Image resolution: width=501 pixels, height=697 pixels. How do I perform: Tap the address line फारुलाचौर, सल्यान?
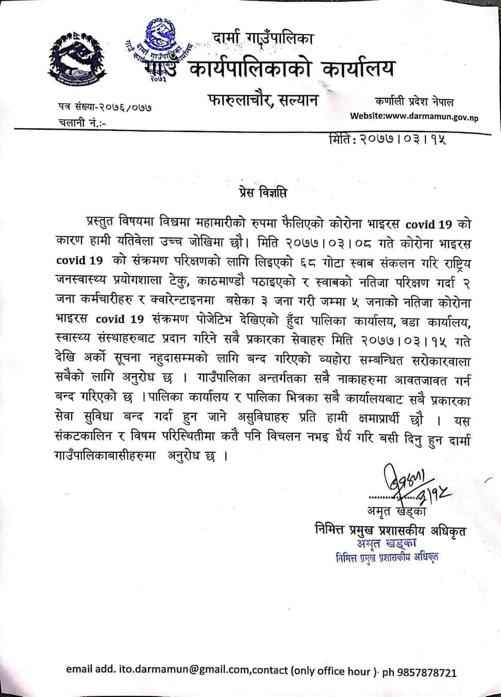click(263, 99)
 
